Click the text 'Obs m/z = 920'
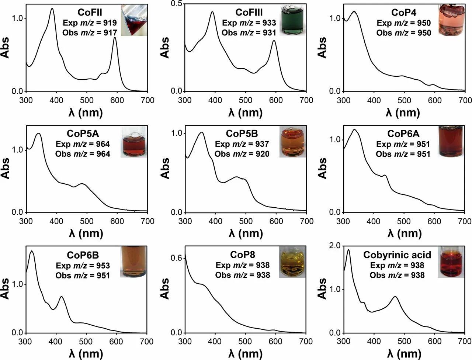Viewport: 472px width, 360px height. [x=242, y=154]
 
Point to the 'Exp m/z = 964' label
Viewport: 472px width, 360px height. [x=83, y=144]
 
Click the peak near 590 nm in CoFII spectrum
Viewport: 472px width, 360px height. [x=115, y=38]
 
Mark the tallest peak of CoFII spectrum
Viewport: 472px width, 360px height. [x=52, y=8]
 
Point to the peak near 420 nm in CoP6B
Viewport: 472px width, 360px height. [x=61, y=297]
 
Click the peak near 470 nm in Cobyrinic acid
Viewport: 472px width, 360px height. [x=395, y=297]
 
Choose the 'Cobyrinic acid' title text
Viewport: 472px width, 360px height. [x=397, y=255]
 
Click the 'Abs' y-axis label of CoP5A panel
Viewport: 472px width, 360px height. [x=6, y=169]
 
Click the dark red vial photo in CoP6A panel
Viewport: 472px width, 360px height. [x=451, y=141]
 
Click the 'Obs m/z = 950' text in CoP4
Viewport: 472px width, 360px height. [x=403, y=33]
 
